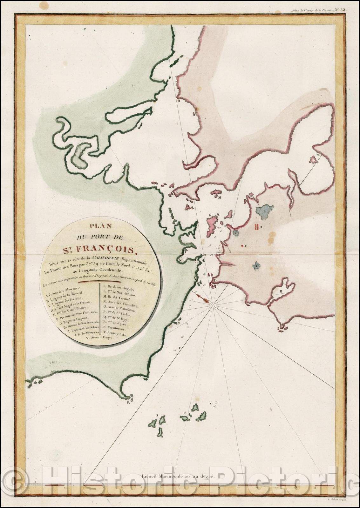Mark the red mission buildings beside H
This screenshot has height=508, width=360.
coord(256,227)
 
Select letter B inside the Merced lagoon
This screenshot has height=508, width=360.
coord(281,291)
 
